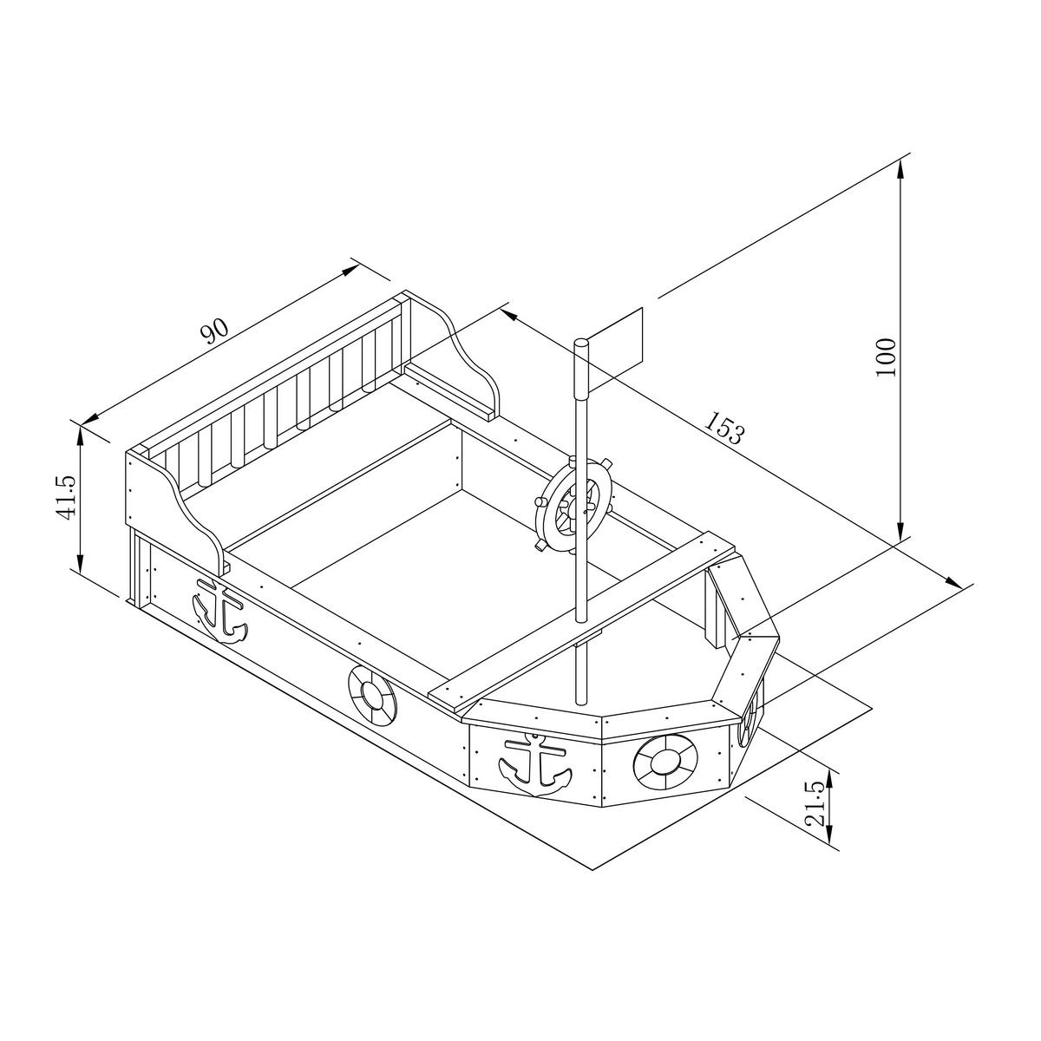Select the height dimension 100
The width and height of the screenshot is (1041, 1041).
pyautogui.click(x=887, y=357)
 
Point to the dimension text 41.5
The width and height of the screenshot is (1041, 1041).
pyautogui.click(x=67, y=498)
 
